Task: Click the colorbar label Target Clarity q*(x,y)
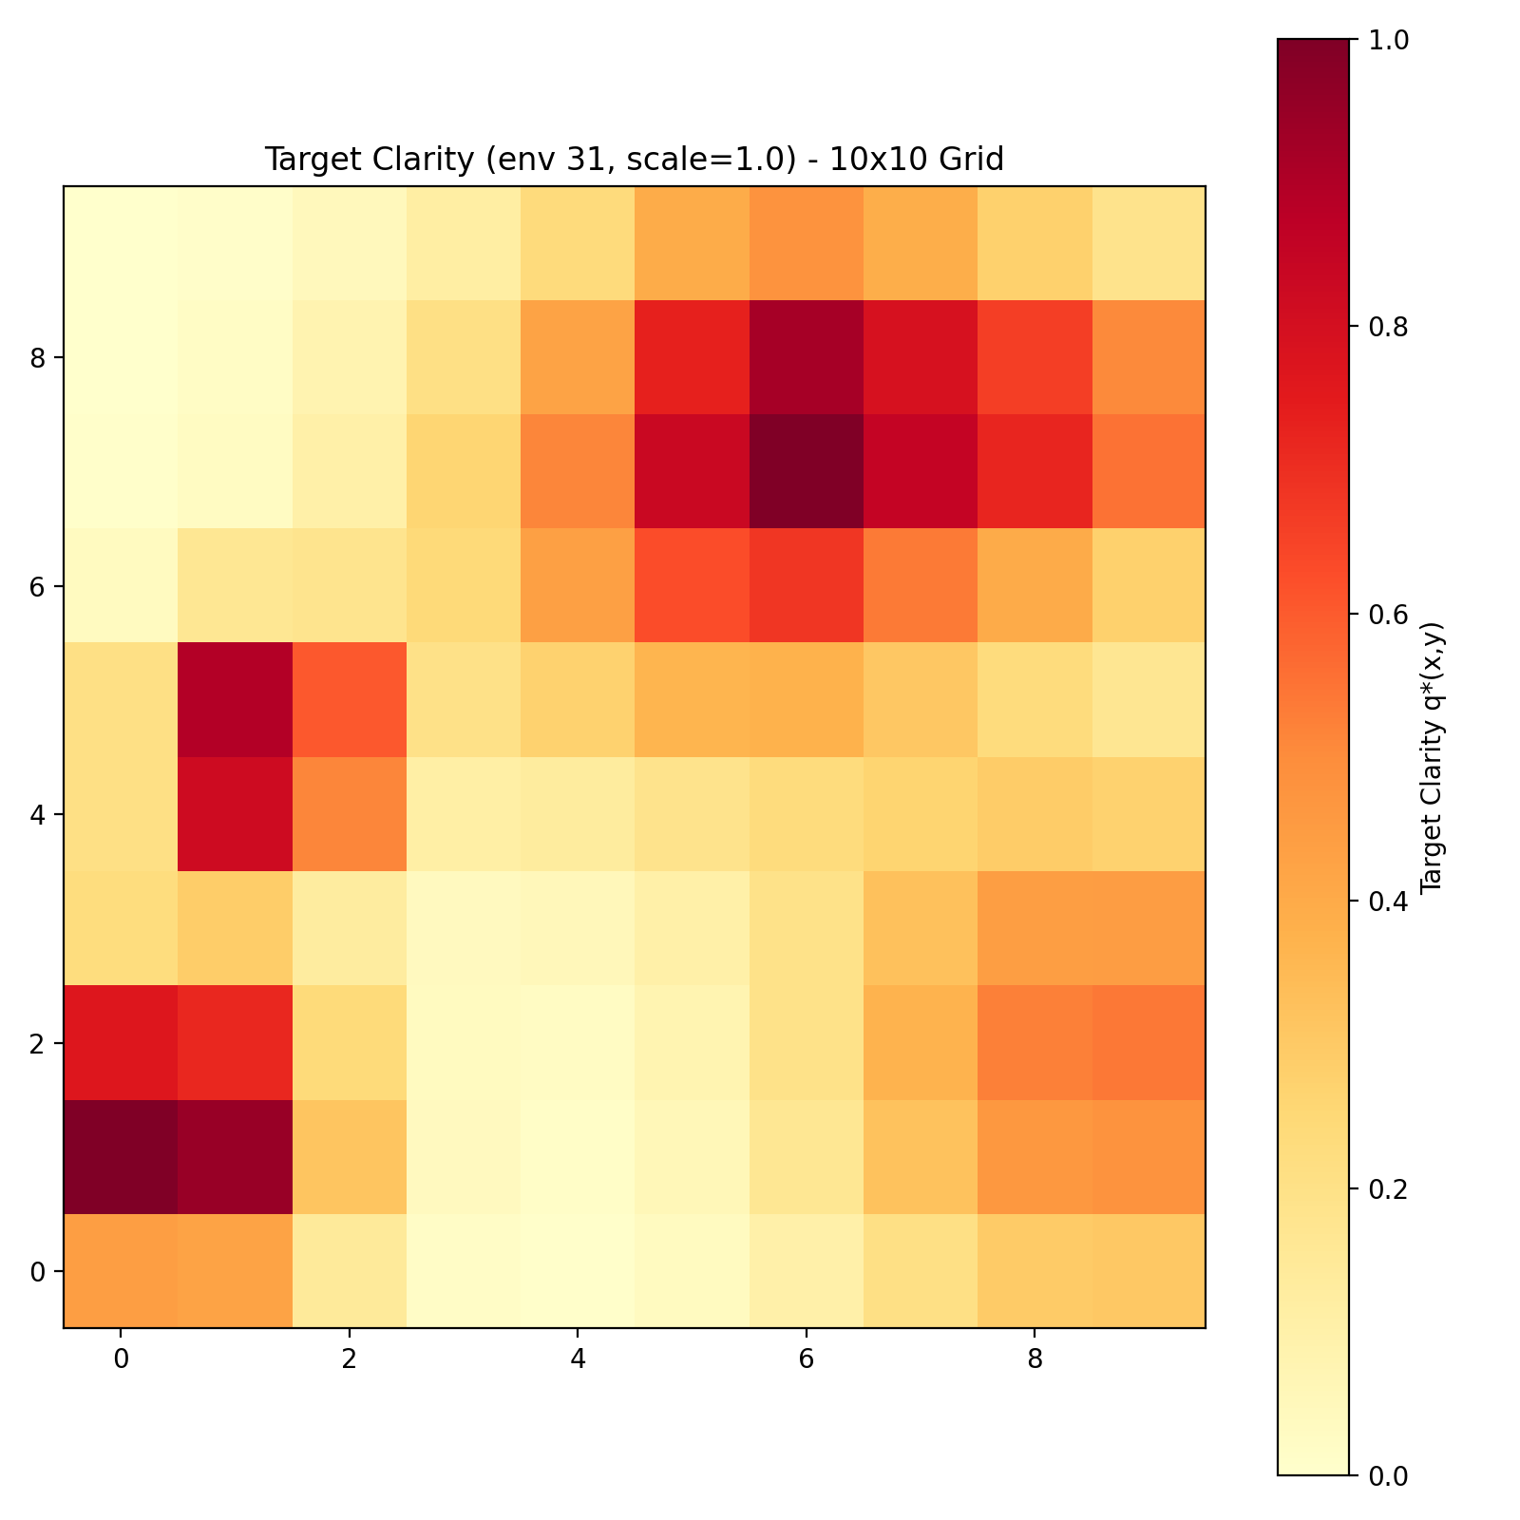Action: (1431, 757)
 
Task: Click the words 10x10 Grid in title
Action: (916, 160)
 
